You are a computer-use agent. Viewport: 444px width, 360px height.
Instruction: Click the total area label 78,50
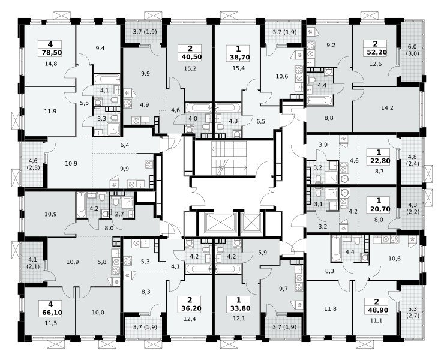click(x=50, y=52)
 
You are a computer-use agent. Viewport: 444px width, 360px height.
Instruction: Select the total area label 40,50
click(x=190, y=56)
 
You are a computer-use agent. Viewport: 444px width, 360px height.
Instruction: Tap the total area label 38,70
click(x=238, y=57)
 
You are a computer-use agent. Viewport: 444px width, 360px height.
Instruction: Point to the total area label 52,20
click(x=375, y=52)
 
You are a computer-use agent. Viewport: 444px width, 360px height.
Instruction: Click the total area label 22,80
click(x=379, y=161)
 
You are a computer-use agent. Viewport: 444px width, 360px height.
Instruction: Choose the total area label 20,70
click(x=379, y=209)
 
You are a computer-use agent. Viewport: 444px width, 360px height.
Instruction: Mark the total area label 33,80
click(x=238, y=308)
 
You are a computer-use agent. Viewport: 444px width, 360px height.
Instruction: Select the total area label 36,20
click(x=190, y=308)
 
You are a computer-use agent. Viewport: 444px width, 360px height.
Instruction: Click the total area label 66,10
click(x=50, y=313)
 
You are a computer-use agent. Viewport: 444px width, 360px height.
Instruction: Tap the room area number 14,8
click(x=51, y=64)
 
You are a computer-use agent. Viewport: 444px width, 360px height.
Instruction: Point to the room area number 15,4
click(x=238, y=68)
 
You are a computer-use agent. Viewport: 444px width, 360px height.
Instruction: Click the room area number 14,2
click(x=387, y=108)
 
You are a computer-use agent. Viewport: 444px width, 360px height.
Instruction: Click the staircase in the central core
click(x=229, y=158)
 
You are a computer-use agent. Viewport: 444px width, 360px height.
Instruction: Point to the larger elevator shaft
click(x=217, y=223)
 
